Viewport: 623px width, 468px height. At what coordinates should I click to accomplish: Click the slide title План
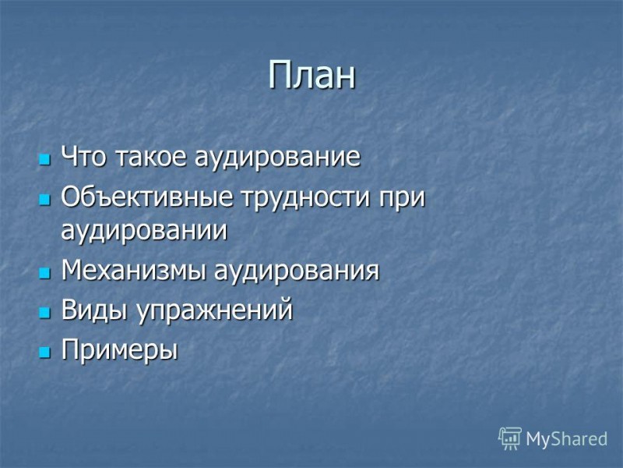(311, 76)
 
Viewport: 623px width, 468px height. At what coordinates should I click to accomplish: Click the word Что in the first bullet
(85, 158)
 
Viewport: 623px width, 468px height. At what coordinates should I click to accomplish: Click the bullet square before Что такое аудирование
(44, 159)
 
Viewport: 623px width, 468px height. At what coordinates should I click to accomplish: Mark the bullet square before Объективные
(44, 200)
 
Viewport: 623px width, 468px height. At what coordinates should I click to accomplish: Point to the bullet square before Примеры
(44, 353)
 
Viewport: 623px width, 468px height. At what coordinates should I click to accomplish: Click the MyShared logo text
(566, 439)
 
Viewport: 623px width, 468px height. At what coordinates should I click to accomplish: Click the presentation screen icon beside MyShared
(510, 438)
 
